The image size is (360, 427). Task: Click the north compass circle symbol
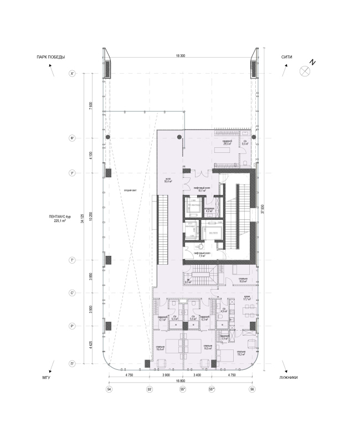(x=304, y=70)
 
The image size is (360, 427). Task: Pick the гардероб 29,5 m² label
(x=227, y=143)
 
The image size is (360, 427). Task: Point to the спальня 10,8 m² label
(x=243, y=280)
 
